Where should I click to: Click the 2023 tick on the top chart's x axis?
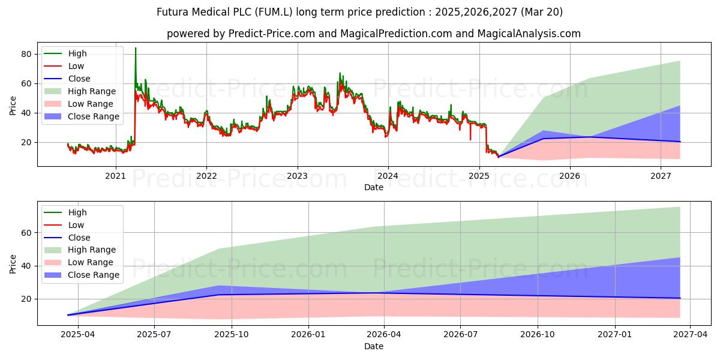point(298,176)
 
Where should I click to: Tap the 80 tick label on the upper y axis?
point(26,54)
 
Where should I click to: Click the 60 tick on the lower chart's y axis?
point(26,233)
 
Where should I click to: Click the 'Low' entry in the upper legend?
point(76,66)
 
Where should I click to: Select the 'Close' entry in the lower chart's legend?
point(79,238)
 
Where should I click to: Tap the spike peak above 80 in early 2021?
point(135,48)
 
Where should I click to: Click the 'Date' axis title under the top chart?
point(374,187)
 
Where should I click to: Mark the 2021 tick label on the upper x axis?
point(116,176)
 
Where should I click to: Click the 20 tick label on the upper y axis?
point(26,143)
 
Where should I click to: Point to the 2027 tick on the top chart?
point(661,176)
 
